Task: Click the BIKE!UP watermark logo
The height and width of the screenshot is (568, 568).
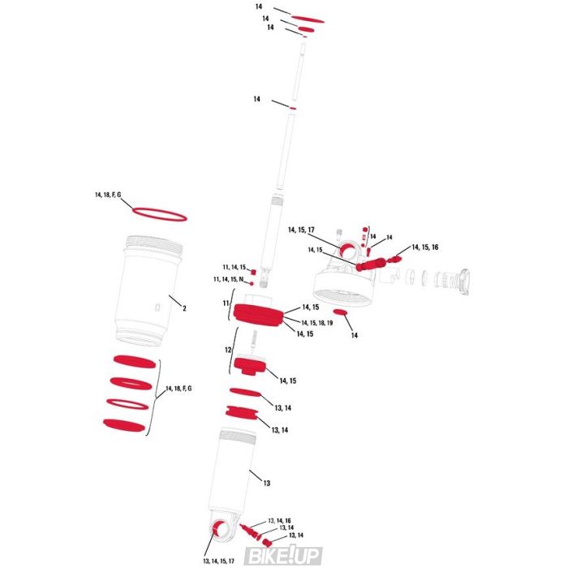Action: pos(284,556)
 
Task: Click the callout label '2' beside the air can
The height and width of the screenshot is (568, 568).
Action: pos(184,308)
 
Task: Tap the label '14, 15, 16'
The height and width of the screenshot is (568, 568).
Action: pos(425,247)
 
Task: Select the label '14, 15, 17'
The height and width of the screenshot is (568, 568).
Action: pos(301,230)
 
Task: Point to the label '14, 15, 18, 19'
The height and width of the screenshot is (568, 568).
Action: pos(317,323)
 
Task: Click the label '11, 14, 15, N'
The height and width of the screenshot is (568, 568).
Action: pos(229,279)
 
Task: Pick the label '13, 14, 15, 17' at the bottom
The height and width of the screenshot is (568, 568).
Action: pos(219,562)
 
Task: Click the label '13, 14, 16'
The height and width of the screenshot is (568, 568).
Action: pos(279,521)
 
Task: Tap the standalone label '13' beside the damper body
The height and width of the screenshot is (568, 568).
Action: pos(267,484)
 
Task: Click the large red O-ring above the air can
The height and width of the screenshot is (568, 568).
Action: pos(160,214)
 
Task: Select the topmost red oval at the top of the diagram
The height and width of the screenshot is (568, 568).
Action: pos(308,19)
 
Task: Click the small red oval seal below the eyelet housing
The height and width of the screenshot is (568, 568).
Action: pos(340,312)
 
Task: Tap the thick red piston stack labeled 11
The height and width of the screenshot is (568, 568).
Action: pos(258,316)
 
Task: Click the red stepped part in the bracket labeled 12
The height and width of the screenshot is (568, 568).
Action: pos(250,367)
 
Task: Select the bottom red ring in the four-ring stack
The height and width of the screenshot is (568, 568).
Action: pos(124,425)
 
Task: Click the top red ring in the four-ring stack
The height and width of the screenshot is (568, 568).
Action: pos(135,361)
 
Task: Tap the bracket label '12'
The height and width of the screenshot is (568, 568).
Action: pos(228,351)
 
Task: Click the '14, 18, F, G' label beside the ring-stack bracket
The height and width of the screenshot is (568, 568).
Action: pos(179,389)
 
